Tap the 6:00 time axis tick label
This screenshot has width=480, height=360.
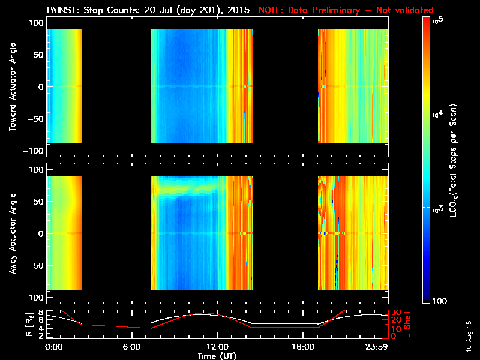(131, 347)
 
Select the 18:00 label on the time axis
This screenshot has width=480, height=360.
(302, 347)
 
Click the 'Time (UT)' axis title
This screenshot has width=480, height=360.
(217, 355)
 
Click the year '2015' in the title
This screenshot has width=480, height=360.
(238, 10)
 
